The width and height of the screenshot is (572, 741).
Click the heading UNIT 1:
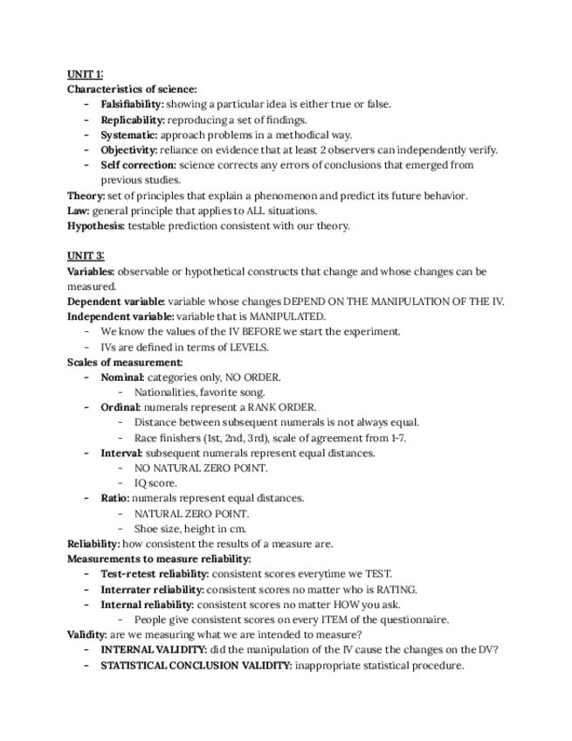click(86, 74)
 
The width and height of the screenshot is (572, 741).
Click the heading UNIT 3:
click(86, 256)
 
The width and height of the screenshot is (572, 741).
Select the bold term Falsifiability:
click(132, 104)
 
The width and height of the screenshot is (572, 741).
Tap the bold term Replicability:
click(133, 120)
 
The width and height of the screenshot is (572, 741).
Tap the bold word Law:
click(78, 211)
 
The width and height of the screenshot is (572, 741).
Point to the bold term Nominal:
click(122, 377)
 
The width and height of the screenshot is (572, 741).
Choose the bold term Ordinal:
click(121, 407)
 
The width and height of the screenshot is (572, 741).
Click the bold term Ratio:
click(115, 498)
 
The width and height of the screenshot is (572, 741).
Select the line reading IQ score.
click(155, 483)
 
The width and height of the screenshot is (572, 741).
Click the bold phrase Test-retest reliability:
click(155, 574)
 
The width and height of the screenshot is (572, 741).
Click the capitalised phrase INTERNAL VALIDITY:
click(154, 649)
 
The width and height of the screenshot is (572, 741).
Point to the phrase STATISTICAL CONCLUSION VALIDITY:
click(196, 665)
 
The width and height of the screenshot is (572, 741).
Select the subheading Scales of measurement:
click(125, 362)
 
